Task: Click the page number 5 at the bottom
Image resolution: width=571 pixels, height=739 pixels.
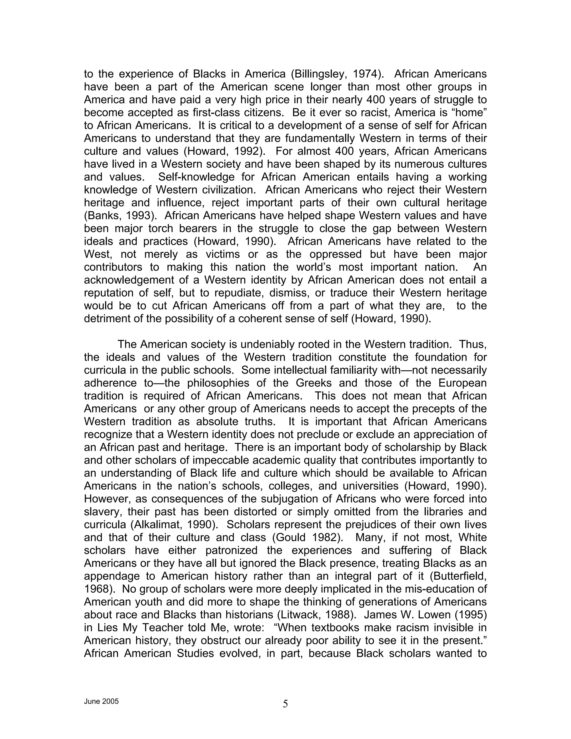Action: (x=285, y=704)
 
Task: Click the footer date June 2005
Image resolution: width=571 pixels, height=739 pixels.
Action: (x=101, y=701)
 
